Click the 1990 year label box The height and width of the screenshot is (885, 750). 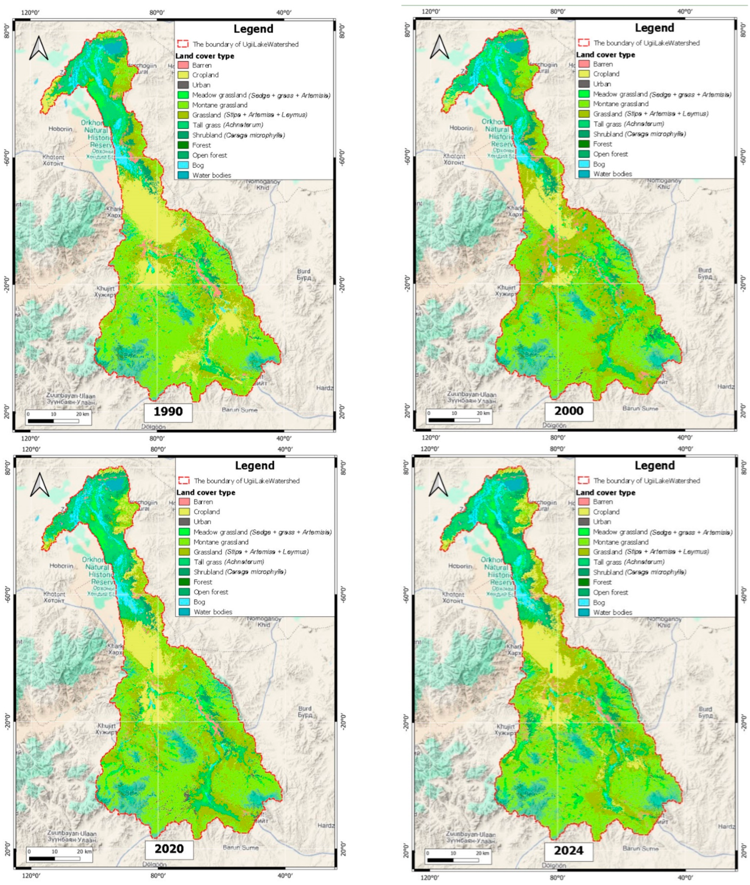(x=168, y=412)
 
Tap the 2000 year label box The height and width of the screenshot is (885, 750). (x=569, y=411)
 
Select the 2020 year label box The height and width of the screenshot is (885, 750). (x=169, y=849)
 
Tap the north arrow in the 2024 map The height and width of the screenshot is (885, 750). (x=439, y=485)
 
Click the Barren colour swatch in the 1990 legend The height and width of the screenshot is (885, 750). (x=183, y=65)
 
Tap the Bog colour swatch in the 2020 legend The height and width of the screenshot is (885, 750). (x=184, y=602)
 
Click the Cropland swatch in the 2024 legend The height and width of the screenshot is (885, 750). (x=584, y=512)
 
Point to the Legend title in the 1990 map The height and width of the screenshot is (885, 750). (x=254, y=29)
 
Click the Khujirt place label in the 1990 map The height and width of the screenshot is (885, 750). (x=104, y=291)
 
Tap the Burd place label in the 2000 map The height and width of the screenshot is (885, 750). (x=704, y=273)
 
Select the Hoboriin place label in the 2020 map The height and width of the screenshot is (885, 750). (x=62, y=566)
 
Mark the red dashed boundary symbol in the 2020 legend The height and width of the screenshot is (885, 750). (x=184, y=480)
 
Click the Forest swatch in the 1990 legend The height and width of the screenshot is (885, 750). (x=183, y=145)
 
